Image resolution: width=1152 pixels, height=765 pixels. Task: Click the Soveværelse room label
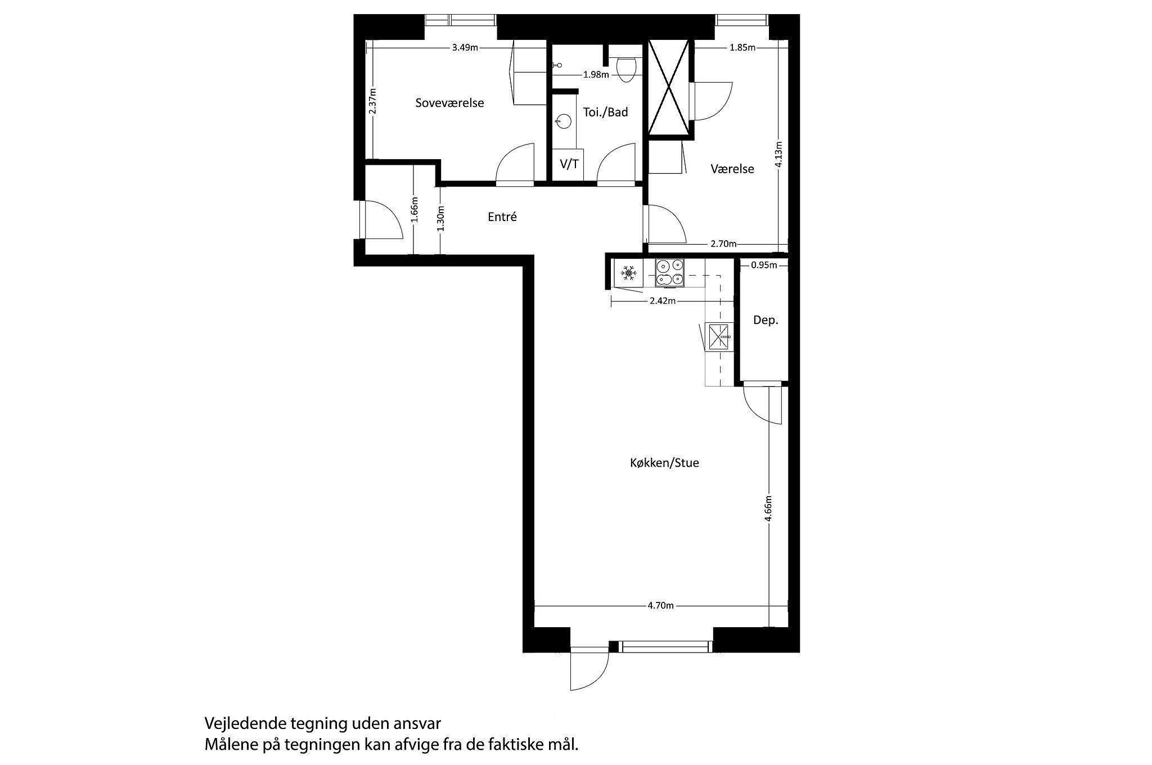pos(449,103)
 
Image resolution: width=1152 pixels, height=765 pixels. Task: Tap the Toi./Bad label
pos(605,112)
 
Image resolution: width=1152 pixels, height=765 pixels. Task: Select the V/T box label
pos(569,164)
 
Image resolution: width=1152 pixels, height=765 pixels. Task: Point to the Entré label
pos(502,217)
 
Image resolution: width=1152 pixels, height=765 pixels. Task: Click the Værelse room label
pos(732,169)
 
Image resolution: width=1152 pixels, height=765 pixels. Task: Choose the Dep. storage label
pos(766,321)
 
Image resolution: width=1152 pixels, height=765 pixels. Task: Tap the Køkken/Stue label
pos(664,463)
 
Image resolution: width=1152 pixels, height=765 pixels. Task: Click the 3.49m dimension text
pos(465,48)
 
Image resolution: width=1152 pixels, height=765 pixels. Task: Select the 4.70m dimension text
pos(660,606)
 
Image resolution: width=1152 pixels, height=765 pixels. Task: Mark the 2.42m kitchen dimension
pos(662,301)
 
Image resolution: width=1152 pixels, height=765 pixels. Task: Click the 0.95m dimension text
pos(764,265)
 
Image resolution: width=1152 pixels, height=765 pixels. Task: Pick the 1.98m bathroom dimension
pos(596,74)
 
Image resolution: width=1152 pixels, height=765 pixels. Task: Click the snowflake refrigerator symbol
pos(628,274)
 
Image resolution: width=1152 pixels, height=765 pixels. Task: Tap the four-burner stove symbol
pos(669,272)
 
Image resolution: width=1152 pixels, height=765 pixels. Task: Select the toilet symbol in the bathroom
pos(626,68)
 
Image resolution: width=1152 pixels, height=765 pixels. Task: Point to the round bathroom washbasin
pos(563,120)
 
